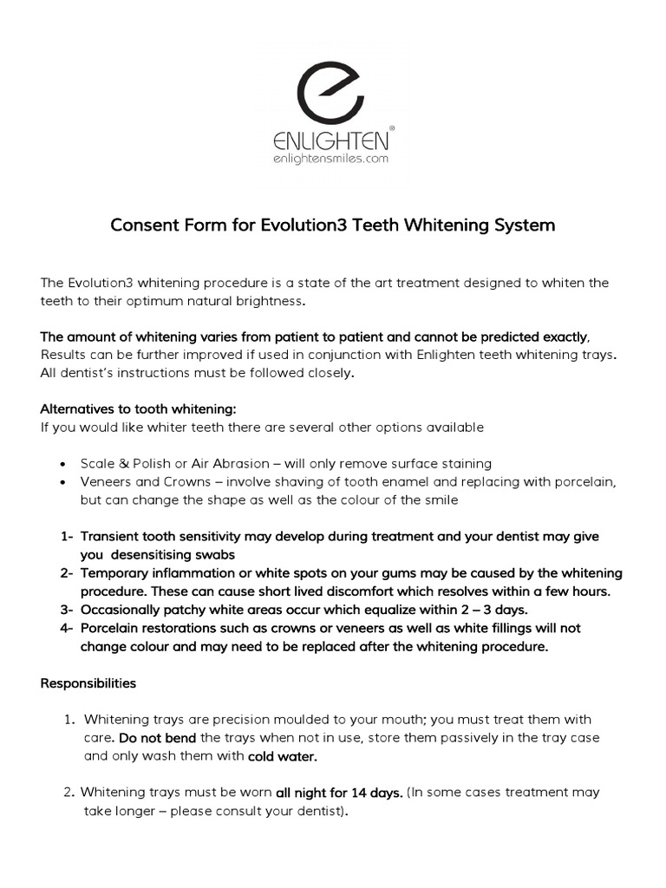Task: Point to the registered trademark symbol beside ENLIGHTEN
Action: click(x=393, y=127)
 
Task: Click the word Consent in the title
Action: click(x=140, y=225)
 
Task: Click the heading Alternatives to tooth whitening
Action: click(x=138, y=408)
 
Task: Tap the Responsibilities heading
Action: click(x=88, y=683)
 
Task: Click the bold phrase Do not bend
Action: click(x=157, y=738)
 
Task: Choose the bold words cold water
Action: click(x=283, y=756)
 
